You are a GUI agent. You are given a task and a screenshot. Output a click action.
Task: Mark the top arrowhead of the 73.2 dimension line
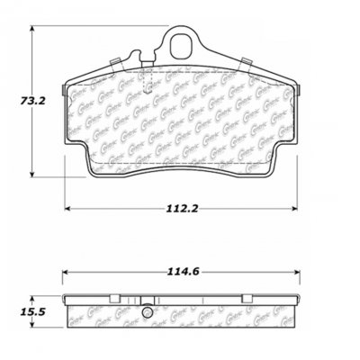click(33, 29)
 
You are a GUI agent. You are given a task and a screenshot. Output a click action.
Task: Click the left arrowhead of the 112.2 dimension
click(67, 211)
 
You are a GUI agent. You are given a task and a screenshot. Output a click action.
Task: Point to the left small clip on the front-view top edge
click(114, 61)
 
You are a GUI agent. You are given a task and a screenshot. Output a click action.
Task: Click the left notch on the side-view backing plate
click(113, 299)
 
